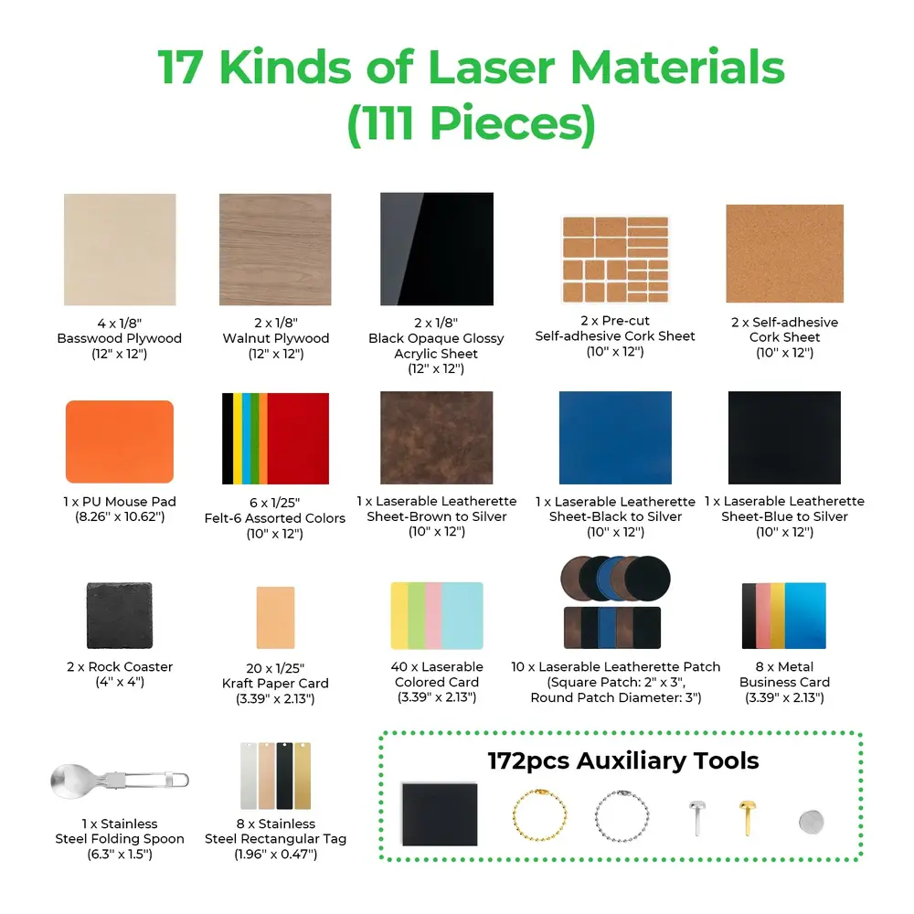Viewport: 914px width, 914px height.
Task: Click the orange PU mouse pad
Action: [120, 441]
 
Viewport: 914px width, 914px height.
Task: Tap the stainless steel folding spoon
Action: [119, 780]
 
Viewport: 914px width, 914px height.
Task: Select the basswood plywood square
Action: [120, 250]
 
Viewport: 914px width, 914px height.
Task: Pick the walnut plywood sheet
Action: [275, 250]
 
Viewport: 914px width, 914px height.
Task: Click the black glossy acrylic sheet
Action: [436, 249]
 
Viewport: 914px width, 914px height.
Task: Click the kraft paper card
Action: [275, 621]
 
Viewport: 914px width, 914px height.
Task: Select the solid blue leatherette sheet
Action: [615, 439]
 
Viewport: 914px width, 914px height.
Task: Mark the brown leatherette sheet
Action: [436, 439]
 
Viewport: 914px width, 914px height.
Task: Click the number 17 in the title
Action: [188, 69]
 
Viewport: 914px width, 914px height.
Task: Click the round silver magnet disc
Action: [811, 821]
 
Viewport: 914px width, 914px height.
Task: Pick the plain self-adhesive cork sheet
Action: [784, 254]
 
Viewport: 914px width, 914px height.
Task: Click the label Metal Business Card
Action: [784, 675]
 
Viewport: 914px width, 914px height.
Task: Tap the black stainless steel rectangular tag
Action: [284, 775]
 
